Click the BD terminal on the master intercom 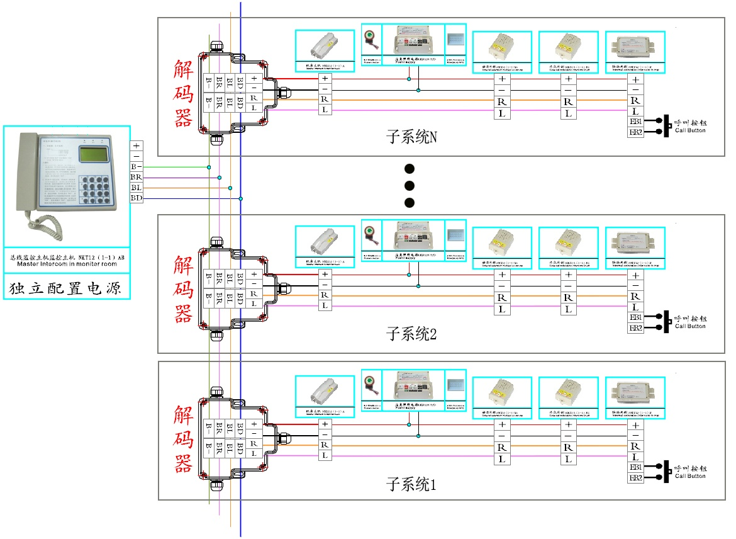point(137,198)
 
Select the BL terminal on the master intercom point(137,188)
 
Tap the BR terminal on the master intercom point(137,178)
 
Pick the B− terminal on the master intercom point(137,167)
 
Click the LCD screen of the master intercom point(93,155)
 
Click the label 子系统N point(411,137)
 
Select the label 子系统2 point(411,334)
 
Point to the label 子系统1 point(411,485)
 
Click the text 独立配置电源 point(66,289)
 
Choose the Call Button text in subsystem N point(690,130)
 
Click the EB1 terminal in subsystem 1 point(635,467)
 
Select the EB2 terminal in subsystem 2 point(635,328)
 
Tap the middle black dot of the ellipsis point(410,185)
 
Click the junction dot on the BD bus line point(241,198)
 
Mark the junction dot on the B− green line point(209,167)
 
